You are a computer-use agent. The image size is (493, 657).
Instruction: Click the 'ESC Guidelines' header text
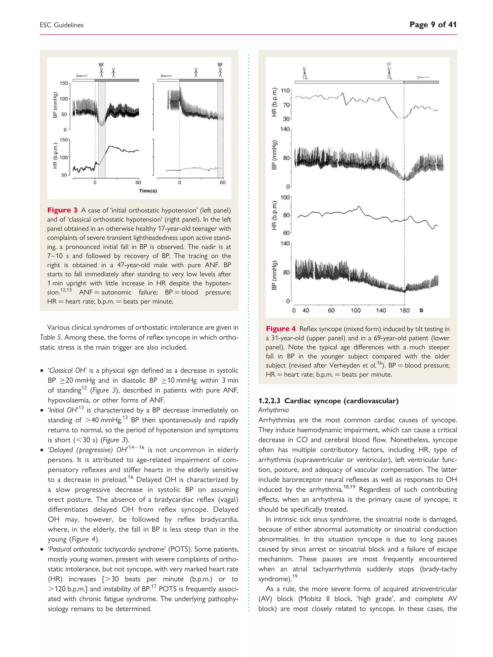(62, 25)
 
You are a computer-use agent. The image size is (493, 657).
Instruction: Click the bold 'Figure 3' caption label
(62, 210)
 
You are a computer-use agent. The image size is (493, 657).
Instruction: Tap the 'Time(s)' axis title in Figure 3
(148, 191)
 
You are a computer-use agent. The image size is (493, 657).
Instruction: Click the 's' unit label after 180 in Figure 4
(421, 310)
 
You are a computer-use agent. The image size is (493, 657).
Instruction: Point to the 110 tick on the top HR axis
(285, 91)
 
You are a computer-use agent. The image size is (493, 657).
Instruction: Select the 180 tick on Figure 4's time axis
(404, 310)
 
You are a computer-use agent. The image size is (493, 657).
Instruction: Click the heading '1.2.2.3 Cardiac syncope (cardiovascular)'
(328, 401)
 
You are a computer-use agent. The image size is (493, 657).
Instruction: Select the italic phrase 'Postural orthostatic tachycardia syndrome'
(107, 549)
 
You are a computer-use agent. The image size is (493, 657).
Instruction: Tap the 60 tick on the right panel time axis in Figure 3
(223, 182)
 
